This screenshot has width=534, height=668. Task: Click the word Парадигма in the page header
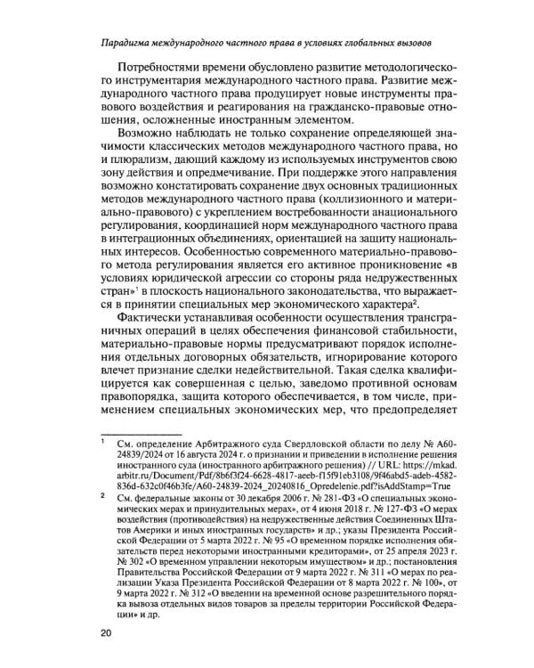(130, 42)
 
